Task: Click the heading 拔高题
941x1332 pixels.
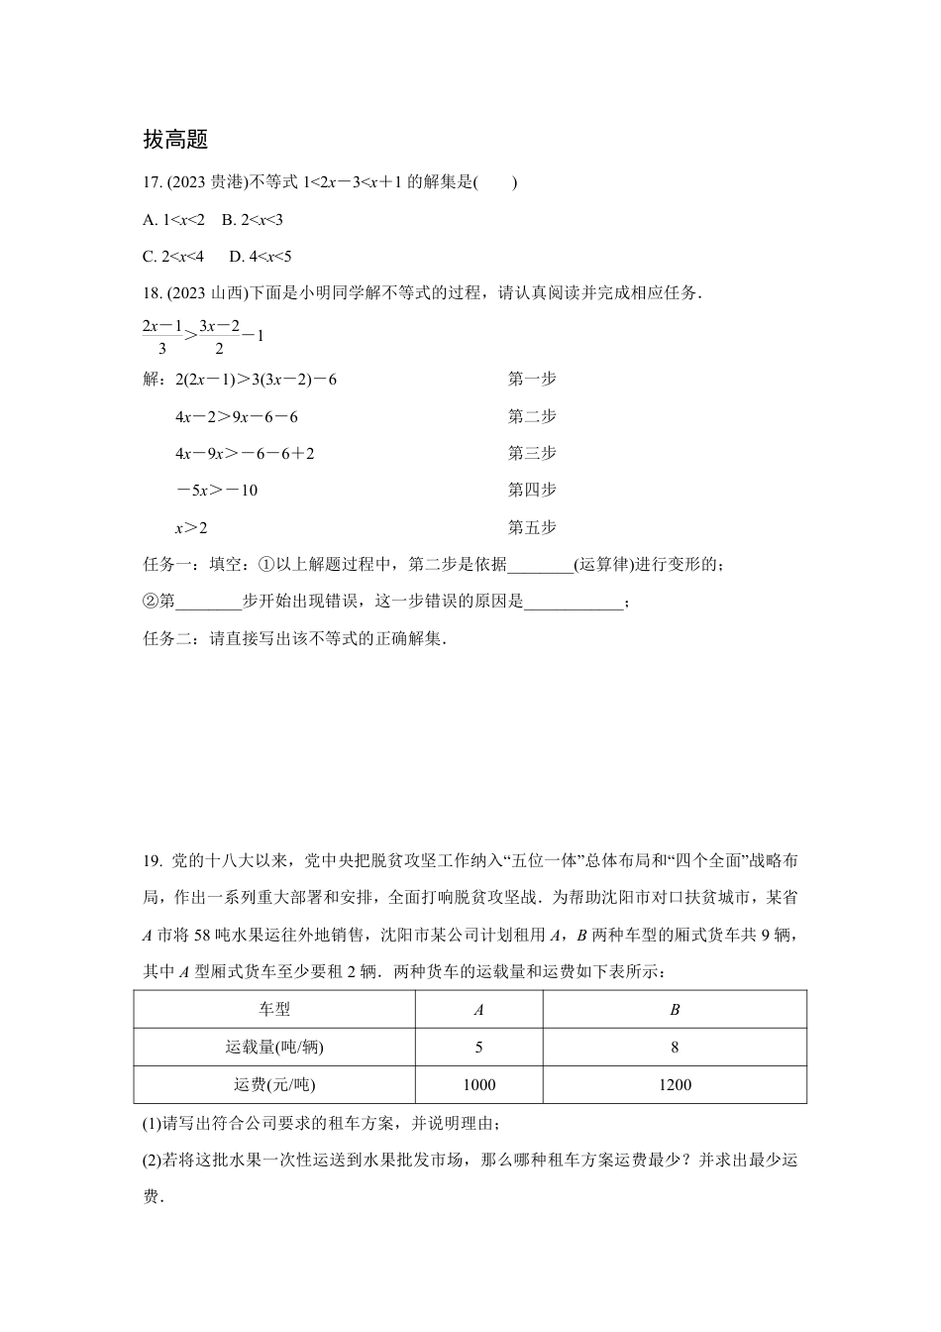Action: coord(175,140)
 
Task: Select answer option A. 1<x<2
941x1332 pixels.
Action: coord(173,220)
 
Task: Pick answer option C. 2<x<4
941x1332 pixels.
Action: coord(173,257)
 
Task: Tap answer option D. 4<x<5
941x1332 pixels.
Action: coord(260,257)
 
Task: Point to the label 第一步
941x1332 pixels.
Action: coord(532,379)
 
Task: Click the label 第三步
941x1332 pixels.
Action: coord(532,453)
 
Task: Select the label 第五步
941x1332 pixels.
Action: coord(532,527)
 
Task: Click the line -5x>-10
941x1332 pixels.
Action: coord(216,491)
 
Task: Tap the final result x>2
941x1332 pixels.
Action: coord(191,527)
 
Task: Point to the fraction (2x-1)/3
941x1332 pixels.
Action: coord(162,336)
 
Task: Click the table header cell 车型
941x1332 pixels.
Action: coord(274,1010)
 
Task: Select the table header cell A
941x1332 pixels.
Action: coord(478,1010)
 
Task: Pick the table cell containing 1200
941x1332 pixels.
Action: coord(675,1085)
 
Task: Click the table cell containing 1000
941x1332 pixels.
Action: coord(478,1085)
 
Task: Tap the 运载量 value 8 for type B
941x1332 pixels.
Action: coord(675,1048)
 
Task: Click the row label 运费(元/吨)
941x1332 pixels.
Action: coord(274,1085)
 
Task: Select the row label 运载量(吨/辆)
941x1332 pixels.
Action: coord(274,1048)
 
